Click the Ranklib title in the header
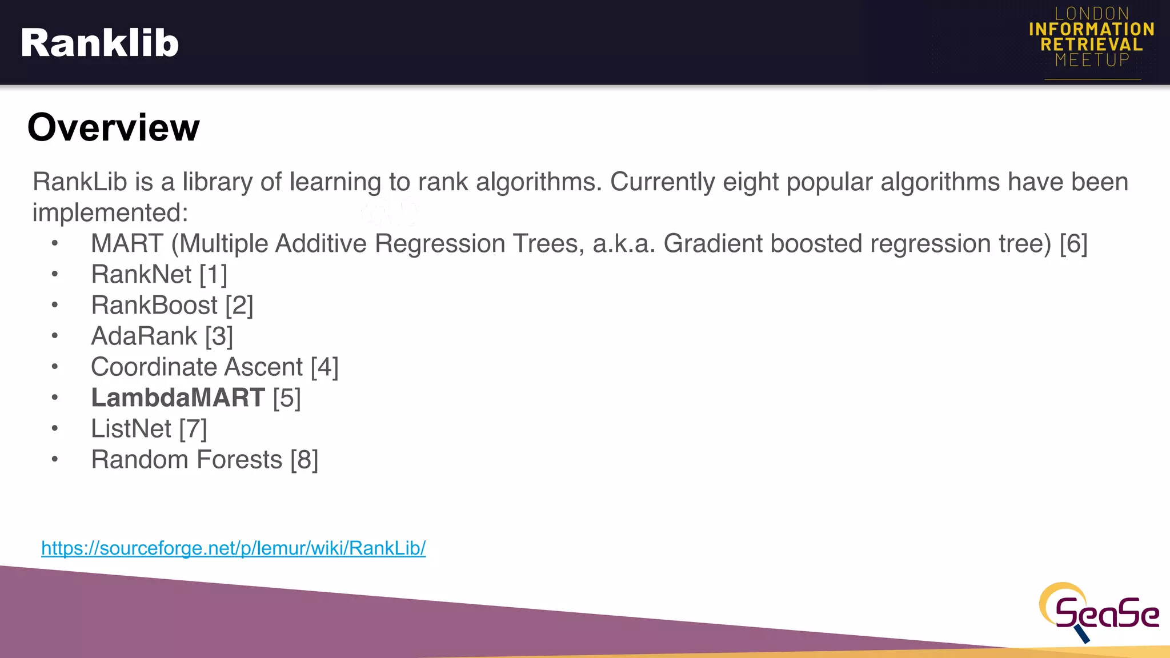[99, 43]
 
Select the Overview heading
[113, 127]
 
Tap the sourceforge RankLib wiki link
[233, 548]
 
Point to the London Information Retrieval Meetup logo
[1091, 38]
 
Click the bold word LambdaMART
[178, 398]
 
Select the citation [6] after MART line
[1073, 244]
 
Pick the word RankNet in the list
[141, 275]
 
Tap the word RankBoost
[154, 306]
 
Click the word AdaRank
[144, 336]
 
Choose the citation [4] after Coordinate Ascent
[324, 367]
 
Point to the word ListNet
[131, 429]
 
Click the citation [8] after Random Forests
[304, 460]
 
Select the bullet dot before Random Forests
[55, 459]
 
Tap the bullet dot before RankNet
[55, 274]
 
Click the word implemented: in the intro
[110, 213]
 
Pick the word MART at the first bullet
[127, 244]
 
